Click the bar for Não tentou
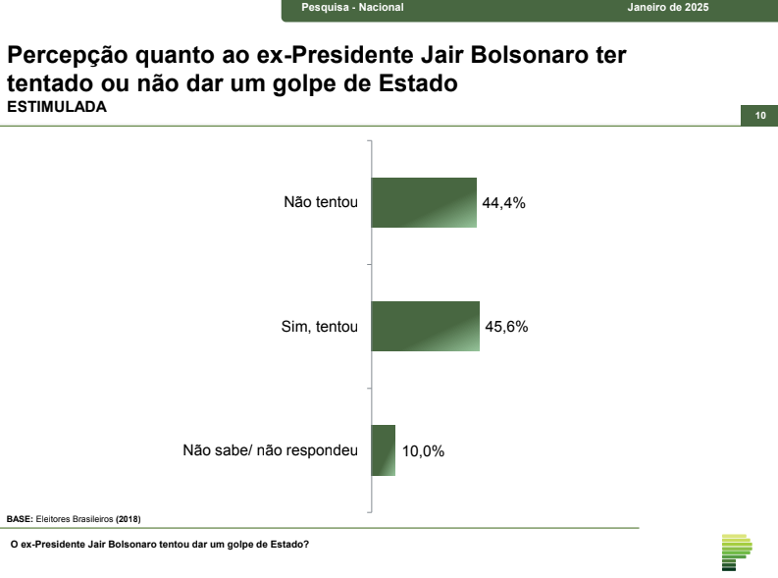click(x=424, y=202)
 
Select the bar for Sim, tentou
click(x=426, y=326)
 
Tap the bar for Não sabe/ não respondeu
click(x=384, y=450)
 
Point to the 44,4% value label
click(x=504, y=203)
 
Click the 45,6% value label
click(x=506, y=327)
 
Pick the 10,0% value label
click(x=423, y=451)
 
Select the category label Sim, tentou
click(x=319, y=327)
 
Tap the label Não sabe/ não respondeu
click(x=270, y=451)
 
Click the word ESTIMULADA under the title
click(x=57, y=107)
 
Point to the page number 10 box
click(x=759, y=116)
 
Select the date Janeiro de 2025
click(x=668, y=8)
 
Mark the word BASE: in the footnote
click(x=20, y=518)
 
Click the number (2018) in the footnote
click(x=129, y=518)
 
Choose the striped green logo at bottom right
click(x=736, y=552)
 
